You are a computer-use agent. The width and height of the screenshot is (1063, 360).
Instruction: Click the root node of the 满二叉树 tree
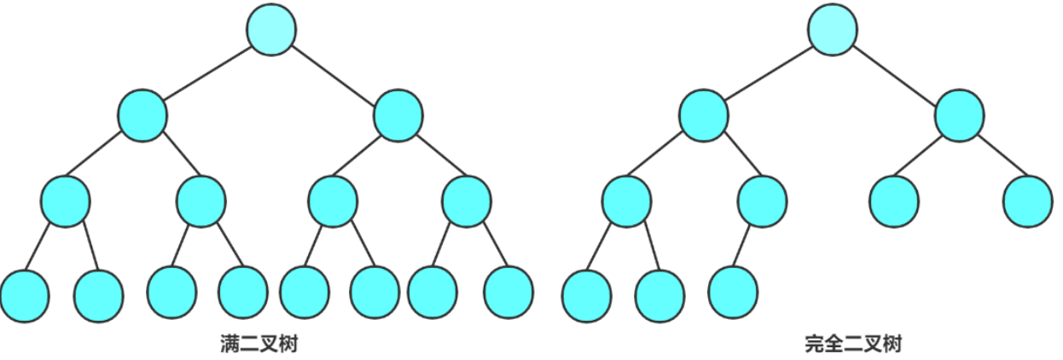tap(271, 29)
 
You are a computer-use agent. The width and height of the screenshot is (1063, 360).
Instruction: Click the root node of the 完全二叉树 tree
tap(833, 29)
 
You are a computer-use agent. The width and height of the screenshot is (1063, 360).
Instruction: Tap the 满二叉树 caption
tap(259, 344)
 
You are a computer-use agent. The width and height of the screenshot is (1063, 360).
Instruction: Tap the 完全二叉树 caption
tap(853, 344)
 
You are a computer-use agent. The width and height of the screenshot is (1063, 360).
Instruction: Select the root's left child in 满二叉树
tap(142, 115)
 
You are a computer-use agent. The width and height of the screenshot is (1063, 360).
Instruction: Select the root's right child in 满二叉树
tap(398, 115)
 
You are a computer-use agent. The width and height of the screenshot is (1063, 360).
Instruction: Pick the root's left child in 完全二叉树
tap(703, 115)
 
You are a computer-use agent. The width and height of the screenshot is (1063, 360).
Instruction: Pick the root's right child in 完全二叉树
tap(959, 115)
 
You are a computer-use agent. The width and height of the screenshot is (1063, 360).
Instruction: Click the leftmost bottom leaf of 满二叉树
tap(25, 296)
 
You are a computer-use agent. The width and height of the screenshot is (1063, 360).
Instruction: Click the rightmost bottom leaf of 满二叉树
tap(508, 292)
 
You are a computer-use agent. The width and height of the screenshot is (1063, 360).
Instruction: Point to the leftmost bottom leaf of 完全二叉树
tap(587, 296)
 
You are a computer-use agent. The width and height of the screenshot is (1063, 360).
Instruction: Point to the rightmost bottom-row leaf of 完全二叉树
tap(733, 292)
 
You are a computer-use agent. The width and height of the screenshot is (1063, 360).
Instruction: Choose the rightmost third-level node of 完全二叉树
tap(1027, 201)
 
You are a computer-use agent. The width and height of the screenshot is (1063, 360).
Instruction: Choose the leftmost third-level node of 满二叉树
tap(65, 201)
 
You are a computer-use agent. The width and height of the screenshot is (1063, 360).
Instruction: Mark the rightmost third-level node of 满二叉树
tap(467, 201)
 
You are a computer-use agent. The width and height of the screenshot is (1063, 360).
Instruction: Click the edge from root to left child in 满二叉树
tap(207, 73)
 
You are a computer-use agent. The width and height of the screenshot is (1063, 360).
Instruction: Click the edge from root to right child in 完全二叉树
tap(895, 75)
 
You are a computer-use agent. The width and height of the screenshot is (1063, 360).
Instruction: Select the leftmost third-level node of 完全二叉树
tap(626, 201)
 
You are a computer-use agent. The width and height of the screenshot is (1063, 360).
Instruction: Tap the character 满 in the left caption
tap(229, 344)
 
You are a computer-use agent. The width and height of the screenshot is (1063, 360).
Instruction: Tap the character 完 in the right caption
tap(815, 344)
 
